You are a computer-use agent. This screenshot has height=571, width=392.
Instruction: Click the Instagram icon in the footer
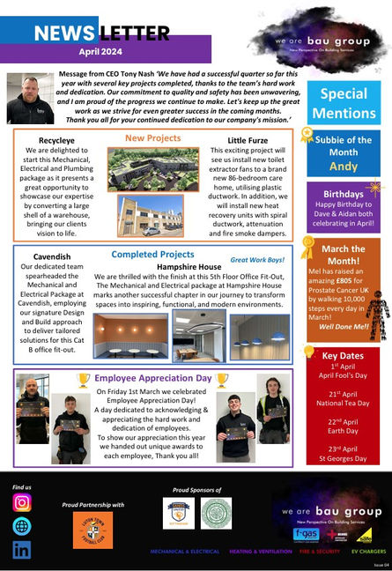22,503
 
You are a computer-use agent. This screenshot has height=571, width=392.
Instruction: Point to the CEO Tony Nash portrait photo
30,98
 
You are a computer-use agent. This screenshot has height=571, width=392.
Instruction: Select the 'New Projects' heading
152,138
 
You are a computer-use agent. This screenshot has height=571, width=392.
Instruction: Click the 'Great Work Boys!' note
257,260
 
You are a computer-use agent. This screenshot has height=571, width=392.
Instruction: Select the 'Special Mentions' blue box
344,102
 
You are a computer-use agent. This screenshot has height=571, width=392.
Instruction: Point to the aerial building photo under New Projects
153,169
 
